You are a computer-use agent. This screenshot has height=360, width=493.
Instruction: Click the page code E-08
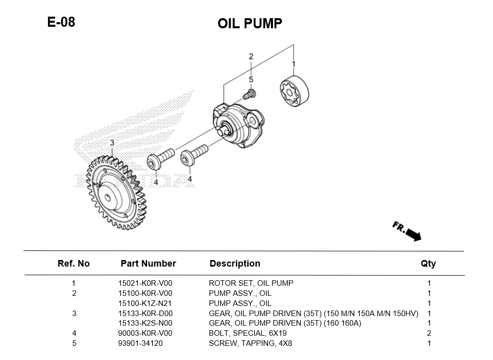[61, 22]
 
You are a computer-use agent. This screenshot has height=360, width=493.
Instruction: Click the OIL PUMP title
[250, 24]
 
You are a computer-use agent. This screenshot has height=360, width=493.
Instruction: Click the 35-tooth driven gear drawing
[114, 189]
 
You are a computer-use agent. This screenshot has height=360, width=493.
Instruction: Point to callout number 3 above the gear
[112, 143]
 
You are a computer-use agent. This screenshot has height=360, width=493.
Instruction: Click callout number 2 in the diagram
[251, 57]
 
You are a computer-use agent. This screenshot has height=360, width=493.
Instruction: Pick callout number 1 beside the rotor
[294, 64]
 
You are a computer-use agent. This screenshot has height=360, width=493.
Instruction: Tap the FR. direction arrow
[407, 231]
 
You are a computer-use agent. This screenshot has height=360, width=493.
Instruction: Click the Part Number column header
[148, 264]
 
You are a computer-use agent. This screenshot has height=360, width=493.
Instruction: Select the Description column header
[235, 264]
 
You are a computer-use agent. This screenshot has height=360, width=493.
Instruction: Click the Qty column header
[428, 264]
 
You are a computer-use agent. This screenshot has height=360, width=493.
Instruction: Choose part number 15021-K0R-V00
[145, 283]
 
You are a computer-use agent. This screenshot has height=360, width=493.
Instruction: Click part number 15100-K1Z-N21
[145, 303]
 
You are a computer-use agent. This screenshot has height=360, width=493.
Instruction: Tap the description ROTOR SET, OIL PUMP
[251, 283]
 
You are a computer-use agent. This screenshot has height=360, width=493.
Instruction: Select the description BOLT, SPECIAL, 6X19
[247, 333]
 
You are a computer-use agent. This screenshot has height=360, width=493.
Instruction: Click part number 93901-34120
[141, 343]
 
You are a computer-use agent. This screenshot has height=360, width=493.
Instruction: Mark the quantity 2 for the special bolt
[429, 333]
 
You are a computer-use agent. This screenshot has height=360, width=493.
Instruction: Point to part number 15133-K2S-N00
[145, 323]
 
